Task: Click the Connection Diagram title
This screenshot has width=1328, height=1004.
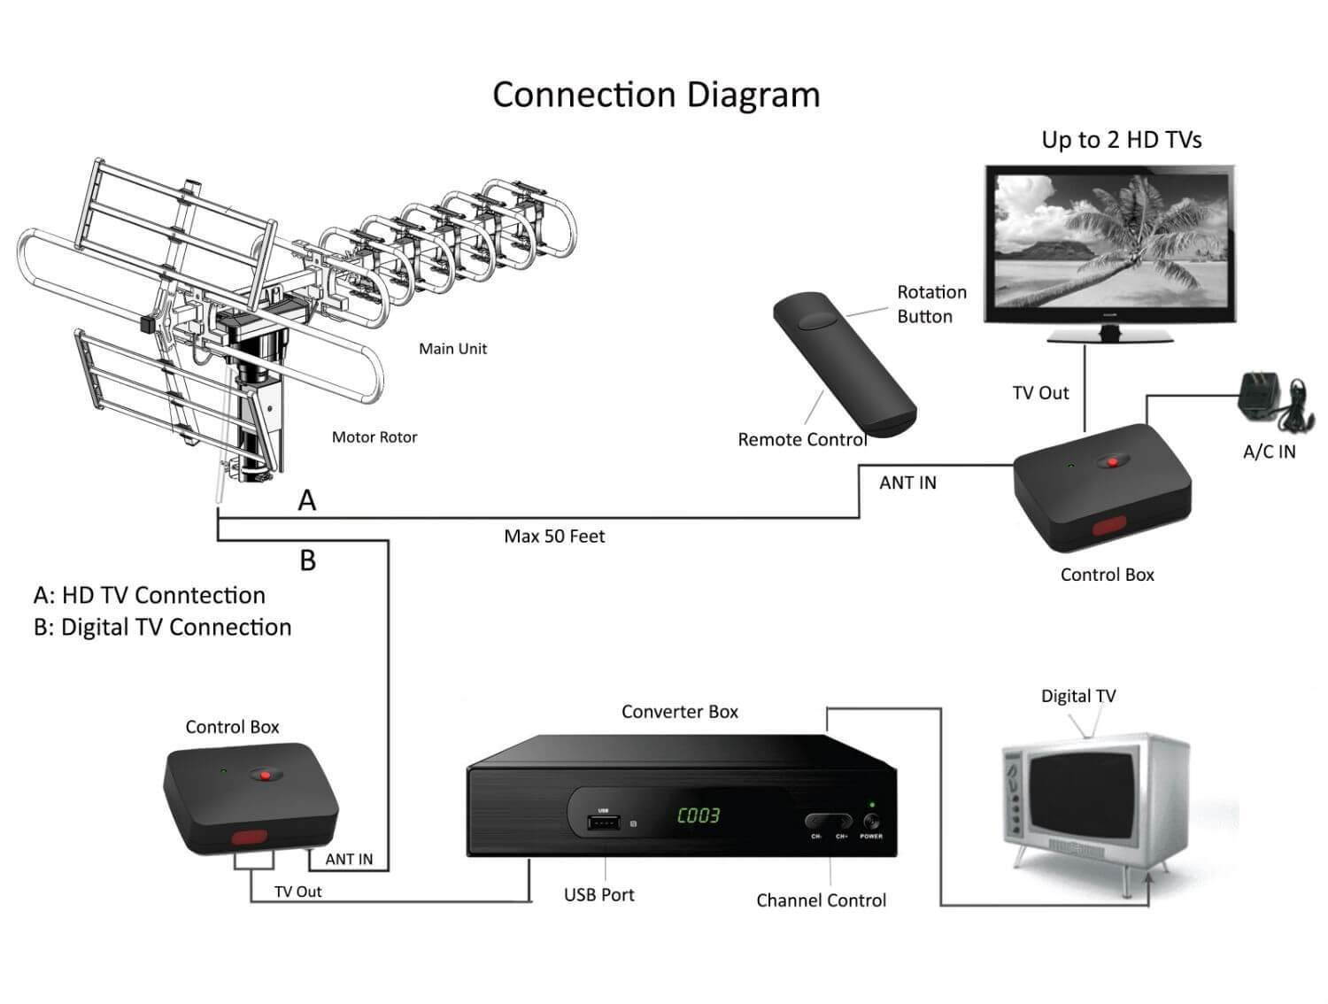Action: coord(656,95)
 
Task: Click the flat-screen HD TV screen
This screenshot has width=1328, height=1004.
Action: coord(1111,241)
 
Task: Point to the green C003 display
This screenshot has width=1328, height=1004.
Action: coord(699,815)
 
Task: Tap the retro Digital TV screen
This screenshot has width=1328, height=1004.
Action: coord(1082,796)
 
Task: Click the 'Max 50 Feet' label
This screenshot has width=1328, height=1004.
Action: coord(554,537)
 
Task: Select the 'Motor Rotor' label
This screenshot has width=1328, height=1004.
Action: coord(374,437)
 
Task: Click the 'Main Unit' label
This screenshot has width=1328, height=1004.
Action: coord(452,349)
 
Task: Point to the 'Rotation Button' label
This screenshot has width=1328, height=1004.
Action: coord(931,304)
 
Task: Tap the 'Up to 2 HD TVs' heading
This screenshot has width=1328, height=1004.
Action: coord(1121,140)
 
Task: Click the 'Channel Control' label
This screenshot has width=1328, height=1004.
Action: coord(821,900)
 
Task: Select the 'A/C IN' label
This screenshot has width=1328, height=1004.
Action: coord(1269,452)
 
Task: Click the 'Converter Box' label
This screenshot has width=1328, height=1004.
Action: coord(679,712)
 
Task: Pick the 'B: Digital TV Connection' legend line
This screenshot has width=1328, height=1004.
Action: coord(162,628)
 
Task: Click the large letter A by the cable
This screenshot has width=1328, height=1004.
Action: coord(307,500)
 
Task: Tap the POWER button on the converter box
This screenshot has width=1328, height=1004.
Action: coord(871,822)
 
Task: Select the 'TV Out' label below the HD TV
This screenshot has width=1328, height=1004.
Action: coord(1040,393)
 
